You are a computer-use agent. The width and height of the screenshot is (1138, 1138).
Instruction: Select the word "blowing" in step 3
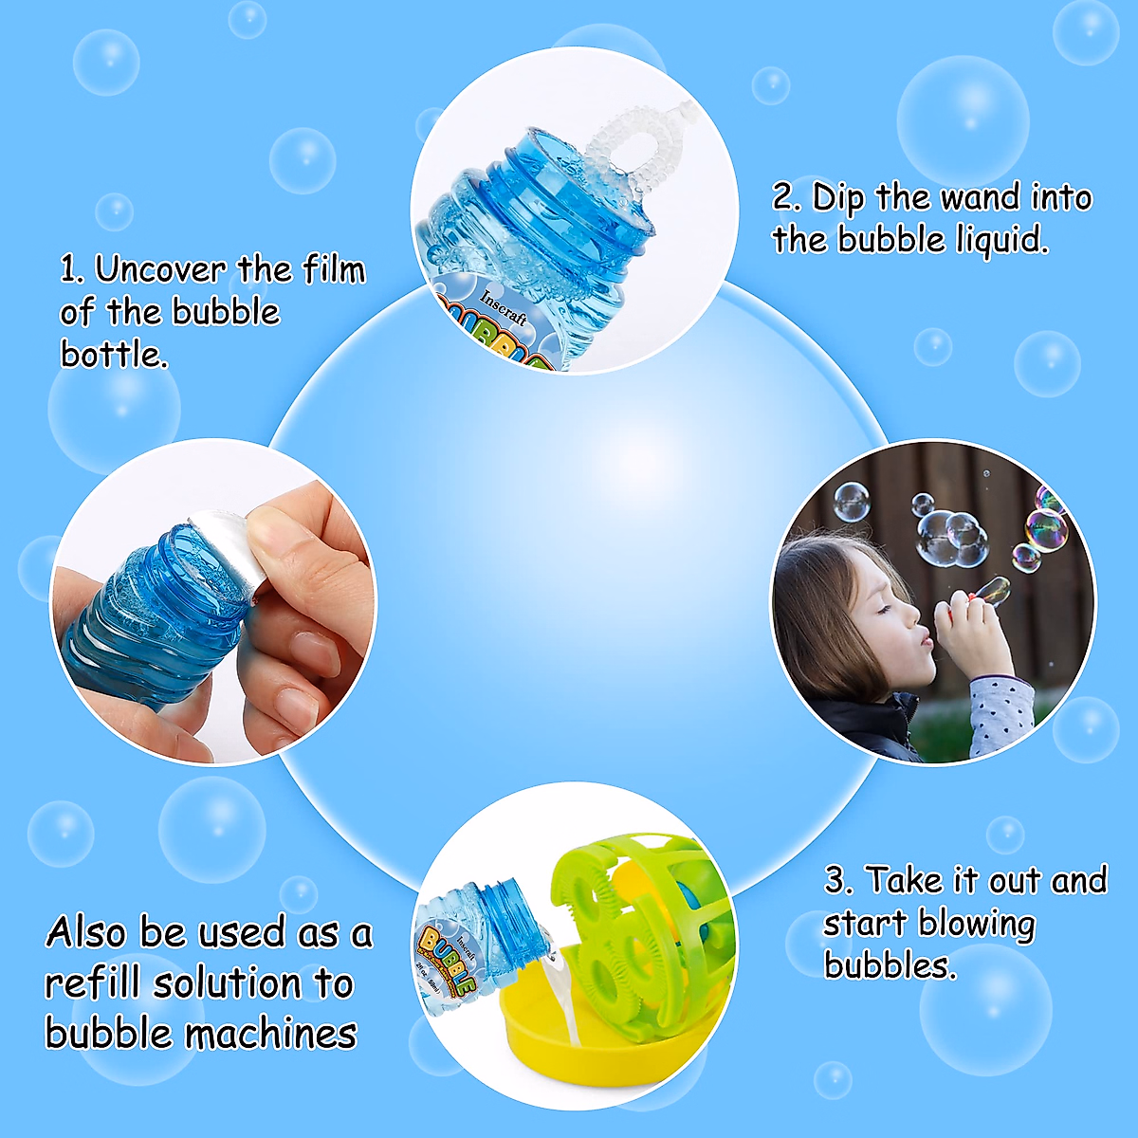tap(976, 923)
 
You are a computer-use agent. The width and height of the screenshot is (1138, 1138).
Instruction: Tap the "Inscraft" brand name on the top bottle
tap(504, 306)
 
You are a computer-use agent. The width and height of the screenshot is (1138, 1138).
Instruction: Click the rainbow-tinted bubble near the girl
tap(1046, 529)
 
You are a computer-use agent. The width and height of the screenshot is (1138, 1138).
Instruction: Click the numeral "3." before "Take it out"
tap(837, 881)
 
